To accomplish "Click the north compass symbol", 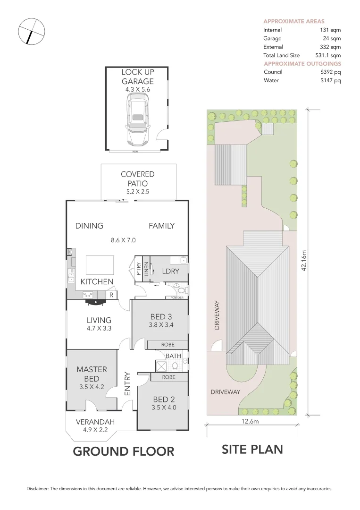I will [32, 32].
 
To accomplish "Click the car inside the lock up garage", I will [137, 121].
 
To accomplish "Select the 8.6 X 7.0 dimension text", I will [123, 240].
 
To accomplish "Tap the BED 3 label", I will [158, 316].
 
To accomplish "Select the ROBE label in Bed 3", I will [167, 345].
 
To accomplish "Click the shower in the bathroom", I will [161, 366].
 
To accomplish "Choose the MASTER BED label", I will [92, 374].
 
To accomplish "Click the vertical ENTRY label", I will [127, 384].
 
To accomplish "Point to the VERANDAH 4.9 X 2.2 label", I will [95, 425].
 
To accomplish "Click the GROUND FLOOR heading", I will [123, 451].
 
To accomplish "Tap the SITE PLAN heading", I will [252, 449].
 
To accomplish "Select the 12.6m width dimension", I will [251, 422].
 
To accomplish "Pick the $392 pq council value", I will [330, 72].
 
